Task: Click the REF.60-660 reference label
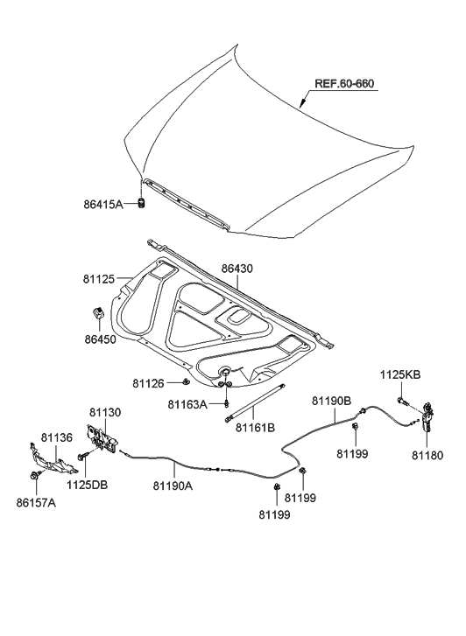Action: pos(344,84)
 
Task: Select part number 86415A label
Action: pos(103,204)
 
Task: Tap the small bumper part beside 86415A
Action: pos(142,203)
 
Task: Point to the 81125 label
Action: pos(99,279)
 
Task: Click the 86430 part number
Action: pos(237,268)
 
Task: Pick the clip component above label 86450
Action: pos(97,313)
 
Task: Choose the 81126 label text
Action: pos(148,383)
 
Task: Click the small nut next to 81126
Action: pos(186,381)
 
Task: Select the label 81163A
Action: pos(187,404)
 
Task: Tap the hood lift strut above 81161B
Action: pos(255,402)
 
